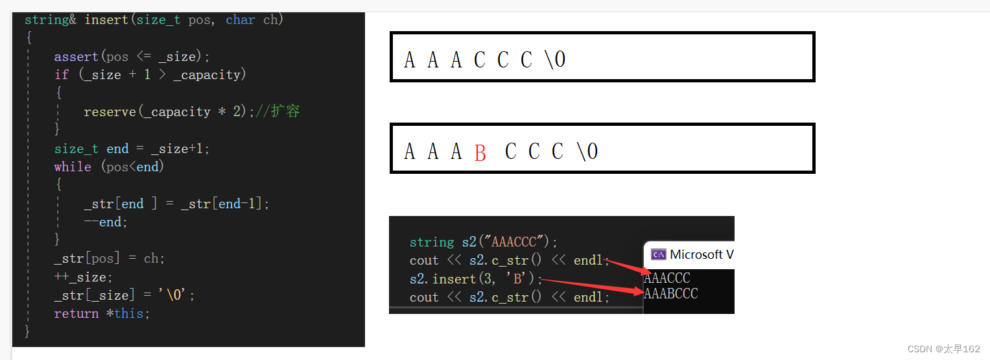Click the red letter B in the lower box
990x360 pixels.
[480, 153]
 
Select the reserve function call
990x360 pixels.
[110, 112]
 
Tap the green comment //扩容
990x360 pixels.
[277, 111]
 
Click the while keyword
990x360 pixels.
[73, 167]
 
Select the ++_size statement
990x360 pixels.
[83, 277]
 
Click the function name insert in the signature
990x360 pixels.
[106, 20]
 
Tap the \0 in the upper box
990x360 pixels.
[555, 60]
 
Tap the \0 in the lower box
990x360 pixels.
[587, 152]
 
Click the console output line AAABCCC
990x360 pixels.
[671, 294]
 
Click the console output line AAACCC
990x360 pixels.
[667, 278]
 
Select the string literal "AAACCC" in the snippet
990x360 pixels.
[515, 242]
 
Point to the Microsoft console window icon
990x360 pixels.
[658, 254]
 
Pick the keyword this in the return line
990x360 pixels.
[130, 313]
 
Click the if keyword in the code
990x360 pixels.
[62, 75]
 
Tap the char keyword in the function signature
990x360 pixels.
[240, 20]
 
